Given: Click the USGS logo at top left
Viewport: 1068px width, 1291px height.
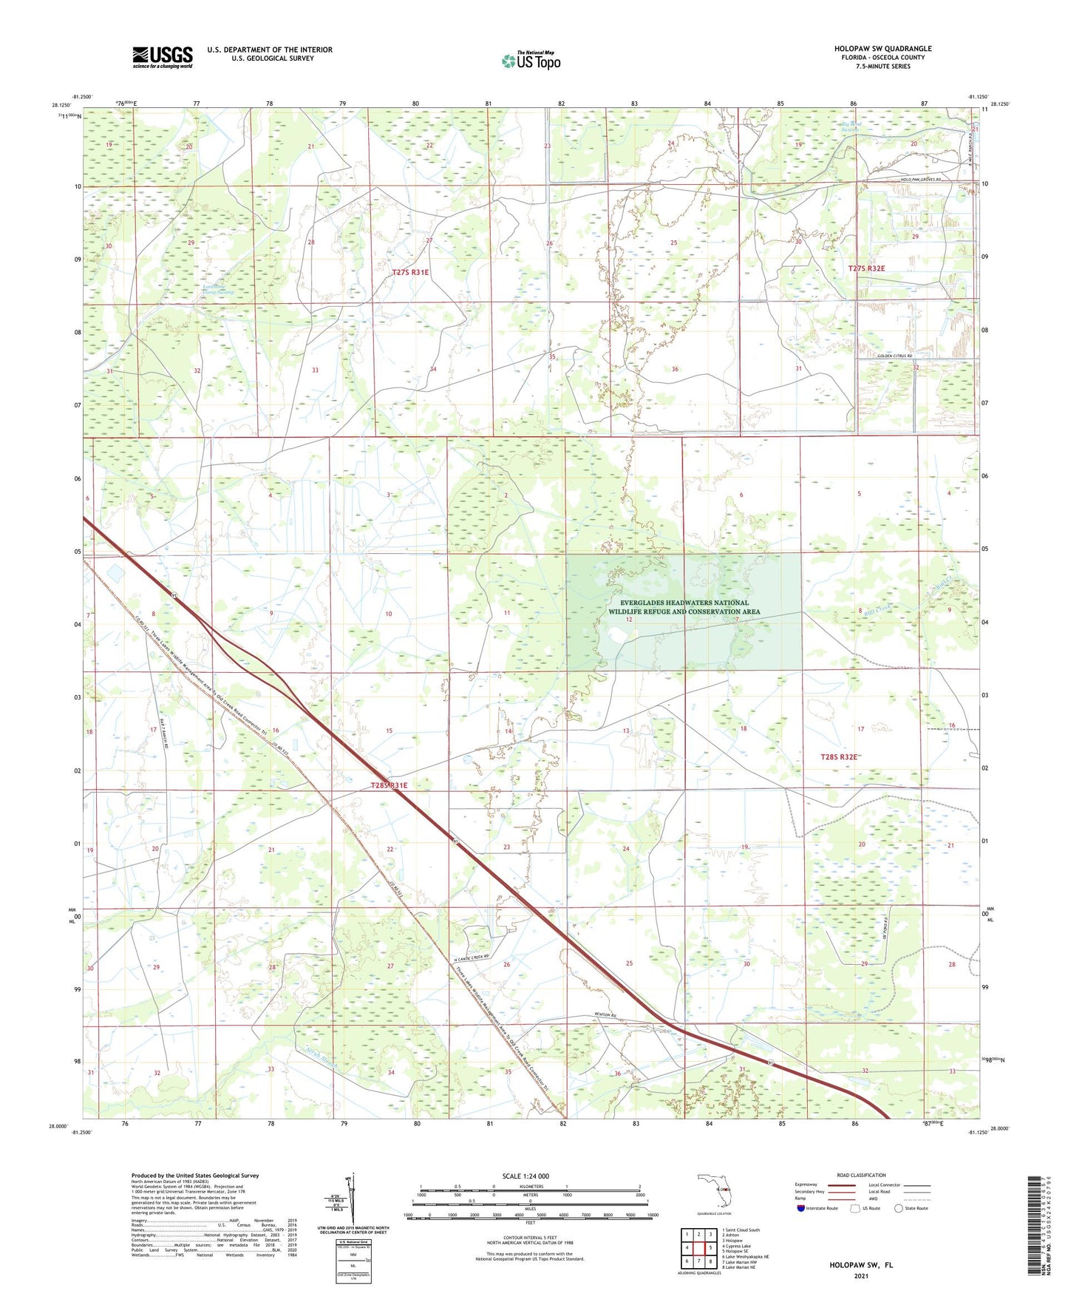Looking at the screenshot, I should click(162, 57).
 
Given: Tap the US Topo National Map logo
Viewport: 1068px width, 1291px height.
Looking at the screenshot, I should click(530, 61).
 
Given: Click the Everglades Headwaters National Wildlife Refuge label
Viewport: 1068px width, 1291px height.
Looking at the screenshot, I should click(684, 607).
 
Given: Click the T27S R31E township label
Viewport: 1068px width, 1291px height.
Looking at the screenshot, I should click(410, 272).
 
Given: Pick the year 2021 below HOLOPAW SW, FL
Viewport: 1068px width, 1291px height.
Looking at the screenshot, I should click(860, 1275).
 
